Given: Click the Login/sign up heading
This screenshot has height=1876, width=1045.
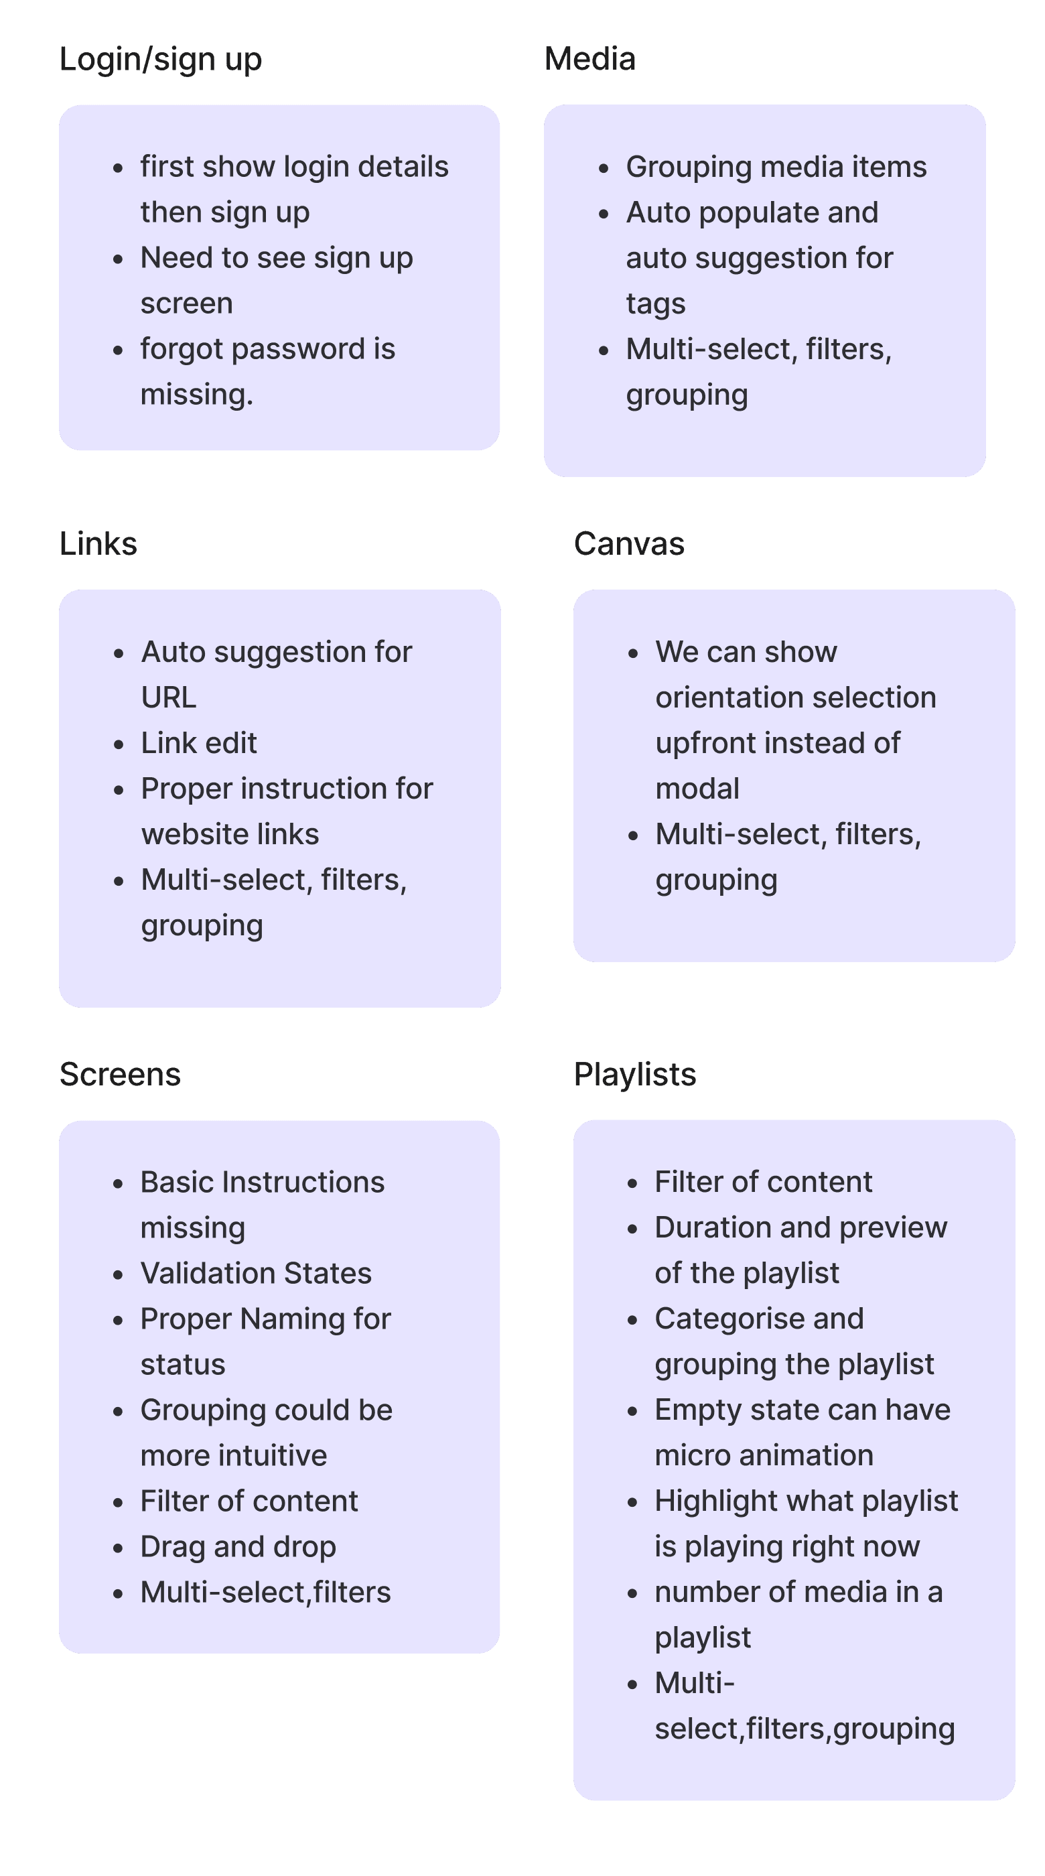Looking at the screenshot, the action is (160, 60).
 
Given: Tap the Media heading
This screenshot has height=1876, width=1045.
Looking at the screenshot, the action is (590, 59).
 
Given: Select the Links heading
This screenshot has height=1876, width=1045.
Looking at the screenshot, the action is (98, 544).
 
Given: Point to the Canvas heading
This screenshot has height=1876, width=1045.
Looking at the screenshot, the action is (629, 544).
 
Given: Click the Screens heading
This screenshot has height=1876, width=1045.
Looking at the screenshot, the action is (120, 1075).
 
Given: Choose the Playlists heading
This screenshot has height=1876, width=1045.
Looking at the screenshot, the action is (635, 1075).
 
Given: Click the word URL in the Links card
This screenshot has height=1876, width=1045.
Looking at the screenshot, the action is (169, 697).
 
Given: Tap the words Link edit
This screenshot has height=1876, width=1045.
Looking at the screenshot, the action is (199, 743).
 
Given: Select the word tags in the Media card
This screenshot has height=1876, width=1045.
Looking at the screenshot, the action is (655, 304).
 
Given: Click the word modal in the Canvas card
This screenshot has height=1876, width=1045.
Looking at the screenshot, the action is (697, 789).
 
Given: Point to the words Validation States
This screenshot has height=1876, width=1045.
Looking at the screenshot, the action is (257, 1274).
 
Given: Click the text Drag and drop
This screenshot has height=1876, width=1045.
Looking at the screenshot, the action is (238, 1547).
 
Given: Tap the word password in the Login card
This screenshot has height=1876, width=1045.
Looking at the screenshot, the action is (298, 349).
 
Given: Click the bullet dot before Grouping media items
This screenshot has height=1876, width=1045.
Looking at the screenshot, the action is (604, 168).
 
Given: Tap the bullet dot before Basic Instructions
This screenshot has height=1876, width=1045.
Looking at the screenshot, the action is (119, 1183).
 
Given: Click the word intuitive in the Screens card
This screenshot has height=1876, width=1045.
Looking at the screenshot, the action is (281, 1456).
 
